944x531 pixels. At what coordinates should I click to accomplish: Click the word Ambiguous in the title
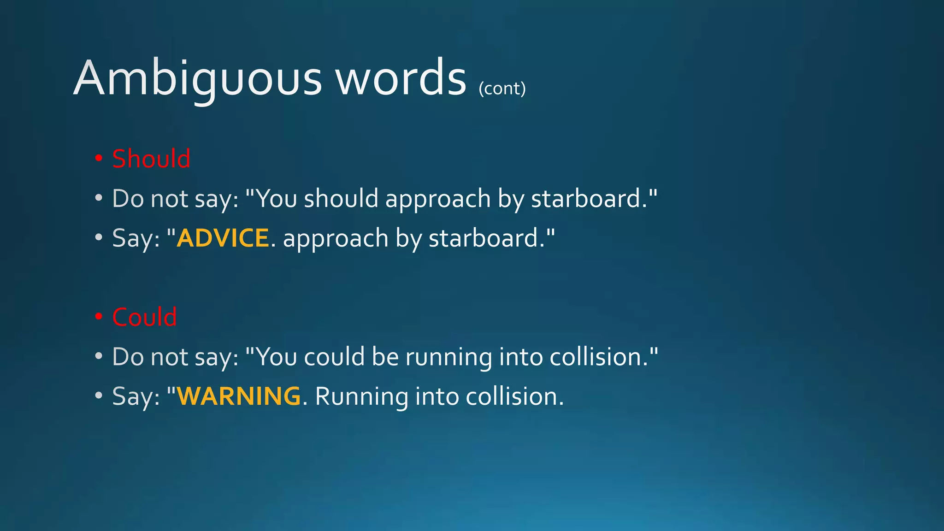click(x=197, y=78)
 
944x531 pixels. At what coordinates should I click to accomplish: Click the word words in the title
click(x=401, y=78)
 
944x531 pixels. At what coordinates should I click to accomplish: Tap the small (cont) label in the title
click(x=502, y=88)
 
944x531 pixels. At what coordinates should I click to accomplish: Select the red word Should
click(x=151, y=159)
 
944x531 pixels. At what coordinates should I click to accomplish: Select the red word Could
click(x=144, y=317)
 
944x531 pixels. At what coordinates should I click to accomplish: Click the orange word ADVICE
click(x=223, y=238)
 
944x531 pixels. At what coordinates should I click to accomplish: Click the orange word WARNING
click(x=239, y=396)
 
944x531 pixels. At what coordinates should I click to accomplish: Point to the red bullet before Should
click(x=99, y=159)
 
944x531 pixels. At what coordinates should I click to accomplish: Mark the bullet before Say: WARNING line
click(x=99, y=396)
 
